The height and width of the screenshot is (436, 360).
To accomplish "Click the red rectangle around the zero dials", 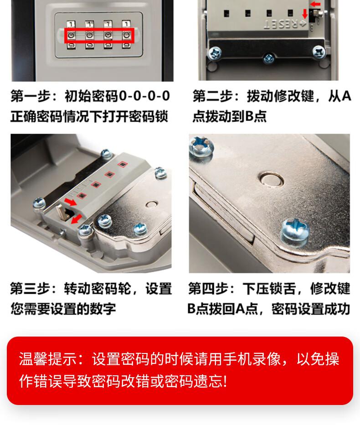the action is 65,36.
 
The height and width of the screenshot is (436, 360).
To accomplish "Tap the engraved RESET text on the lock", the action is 281,24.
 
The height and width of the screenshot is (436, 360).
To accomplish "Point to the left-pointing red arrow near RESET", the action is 315,4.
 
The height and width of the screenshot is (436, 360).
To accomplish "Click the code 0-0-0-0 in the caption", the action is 144,96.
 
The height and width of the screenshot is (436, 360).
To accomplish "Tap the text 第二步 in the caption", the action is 213,96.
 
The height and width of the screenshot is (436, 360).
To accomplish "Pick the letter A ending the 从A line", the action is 346,96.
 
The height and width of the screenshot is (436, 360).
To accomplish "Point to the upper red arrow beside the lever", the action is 70,202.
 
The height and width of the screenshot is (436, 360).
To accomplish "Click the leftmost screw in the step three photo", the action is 39,203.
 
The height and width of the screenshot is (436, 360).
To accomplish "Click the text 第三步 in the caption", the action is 30,289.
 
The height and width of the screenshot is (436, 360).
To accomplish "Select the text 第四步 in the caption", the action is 208,289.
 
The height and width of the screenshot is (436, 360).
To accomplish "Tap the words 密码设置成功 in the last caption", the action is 310,309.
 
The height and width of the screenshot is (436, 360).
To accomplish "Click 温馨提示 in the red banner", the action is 48,359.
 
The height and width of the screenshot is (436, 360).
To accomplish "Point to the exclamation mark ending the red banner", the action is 225,381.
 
